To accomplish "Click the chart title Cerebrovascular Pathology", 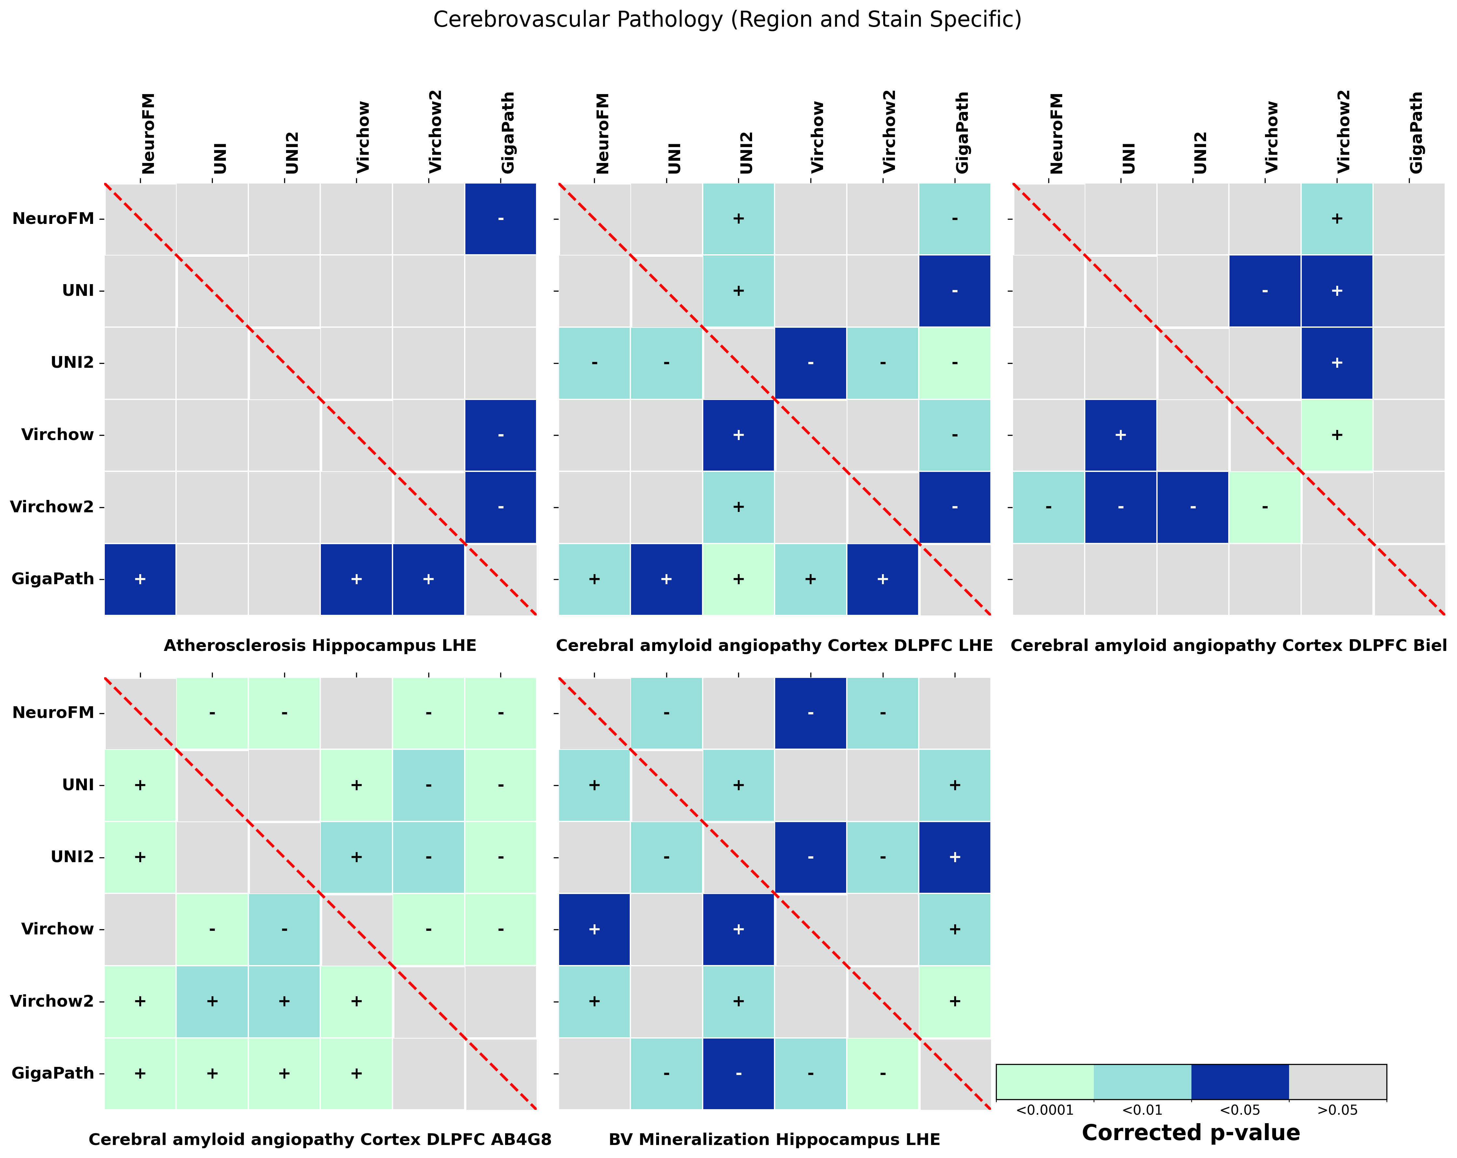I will click(x=727, y=20).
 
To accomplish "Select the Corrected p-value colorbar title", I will click(x=1191, y=1133).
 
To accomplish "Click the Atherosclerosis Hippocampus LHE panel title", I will click(x=320, y=646).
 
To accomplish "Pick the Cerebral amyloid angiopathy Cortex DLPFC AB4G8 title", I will click(x=320, y=1140).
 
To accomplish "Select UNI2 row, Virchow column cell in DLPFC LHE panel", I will click(x=810, y=363).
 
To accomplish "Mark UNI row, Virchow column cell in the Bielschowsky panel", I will click(x=1264, y=291).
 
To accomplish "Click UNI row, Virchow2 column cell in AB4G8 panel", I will click(x=429, y=785).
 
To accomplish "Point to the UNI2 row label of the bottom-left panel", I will click(x=72, y=857).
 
